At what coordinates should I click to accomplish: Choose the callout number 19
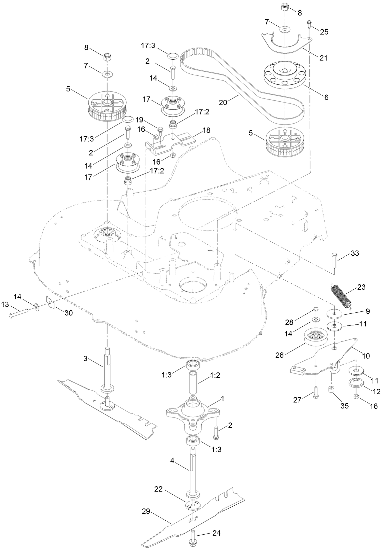(139, 119)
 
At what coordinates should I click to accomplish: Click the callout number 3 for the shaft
(85, 358)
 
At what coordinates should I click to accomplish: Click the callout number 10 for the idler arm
(366, 356)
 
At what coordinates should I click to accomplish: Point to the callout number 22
(159, 489)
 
